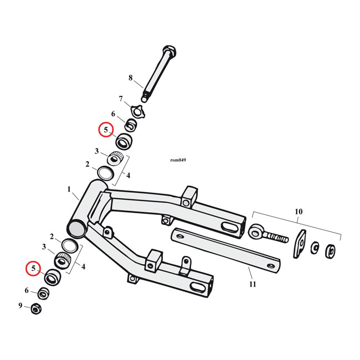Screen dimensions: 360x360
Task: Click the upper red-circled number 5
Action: (105, 130)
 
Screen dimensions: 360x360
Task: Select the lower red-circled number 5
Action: (34, 269)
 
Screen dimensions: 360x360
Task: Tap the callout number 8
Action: (131, 78)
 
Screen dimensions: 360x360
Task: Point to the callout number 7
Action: (120, 99)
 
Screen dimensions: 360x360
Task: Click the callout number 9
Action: (20, 305)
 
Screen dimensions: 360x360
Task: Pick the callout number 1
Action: (69, 189)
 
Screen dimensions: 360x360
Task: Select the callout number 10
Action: (299, 212)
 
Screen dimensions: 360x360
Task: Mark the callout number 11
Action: (253, 284)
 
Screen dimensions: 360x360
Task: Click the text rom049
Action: (178, 161)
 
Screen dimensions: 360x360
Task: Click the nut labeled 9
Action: (35, 308)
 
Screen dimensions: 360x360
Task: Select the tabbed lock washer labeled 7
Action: (134, 110)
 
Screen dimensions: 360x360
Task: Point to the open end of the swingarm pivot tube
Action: (76, 227)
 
